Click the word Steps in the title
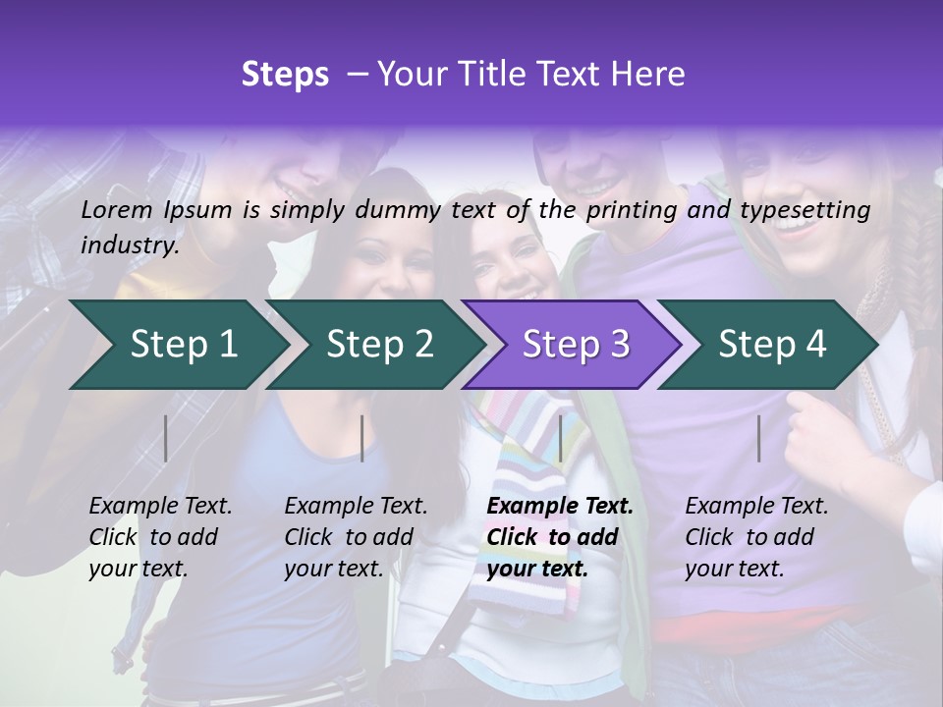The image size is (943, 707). click(x=285, y=75)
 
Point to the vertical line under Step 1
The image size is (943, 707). click(x=166, y=438)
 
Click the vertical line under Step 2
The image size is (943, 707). click(x=362, y=438)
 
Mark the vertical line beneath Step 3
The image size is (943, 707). click(x=561, y=438)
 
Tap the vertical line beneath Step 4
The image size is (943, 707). click(x=759, y=438)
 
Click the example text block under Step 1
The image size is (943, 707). click(x=160, y=537)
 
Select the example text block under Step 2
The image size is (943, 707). click(x=356, y=537)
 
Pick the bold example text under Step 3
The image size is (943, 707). click(x=560, y=537)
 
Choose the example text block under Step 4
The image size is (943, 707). click(x=756, y=537)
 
